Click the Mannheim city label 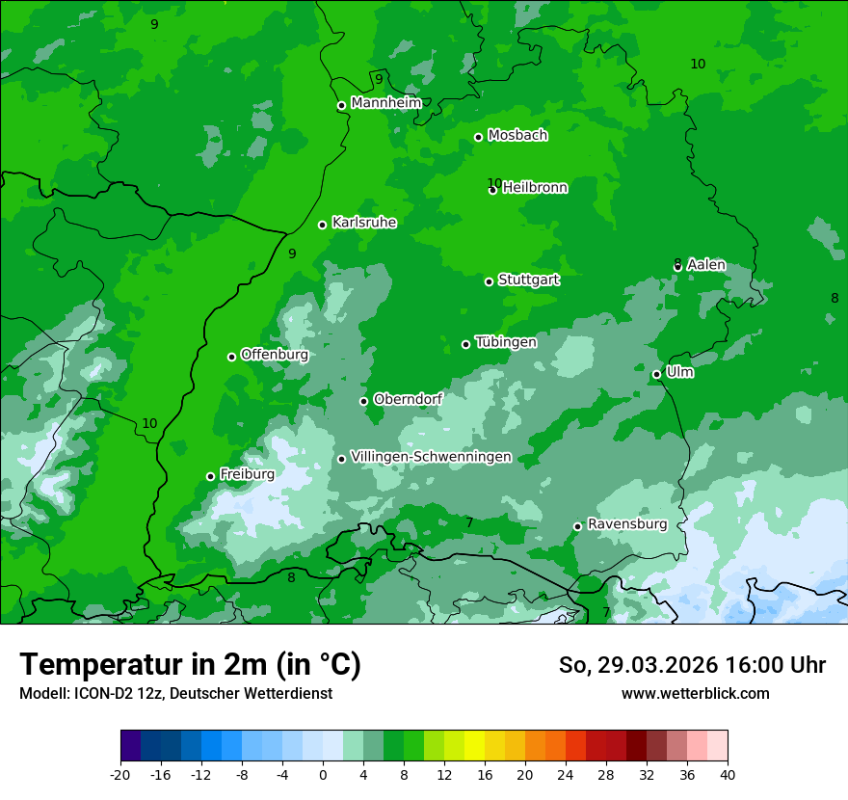(385, 102)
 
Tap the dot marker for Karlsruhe (322, 225)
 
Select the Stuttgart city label (528, 280)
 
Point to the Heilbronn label (535, 187)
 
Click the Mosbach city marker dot (478, 137)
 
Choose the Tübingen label (506, 341)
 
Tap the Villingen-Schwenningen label (431, 456)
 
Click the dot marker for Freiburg (210, 476)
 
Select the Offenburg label (274, 354)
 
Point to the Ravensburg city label (626, 523)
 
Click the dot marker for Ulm (656, 374)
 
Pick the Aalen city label (706, 264)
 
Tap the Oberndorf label (408, 398)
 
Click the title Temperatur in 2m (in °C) (190, 664)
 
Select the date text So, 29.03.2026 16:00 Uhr (692, 665)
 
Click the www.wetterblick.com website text (695, 694)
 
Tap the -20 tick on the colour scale (120, 774)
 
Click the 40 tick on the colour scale (728, 774)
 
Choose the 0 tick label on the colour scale (323, 774)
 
